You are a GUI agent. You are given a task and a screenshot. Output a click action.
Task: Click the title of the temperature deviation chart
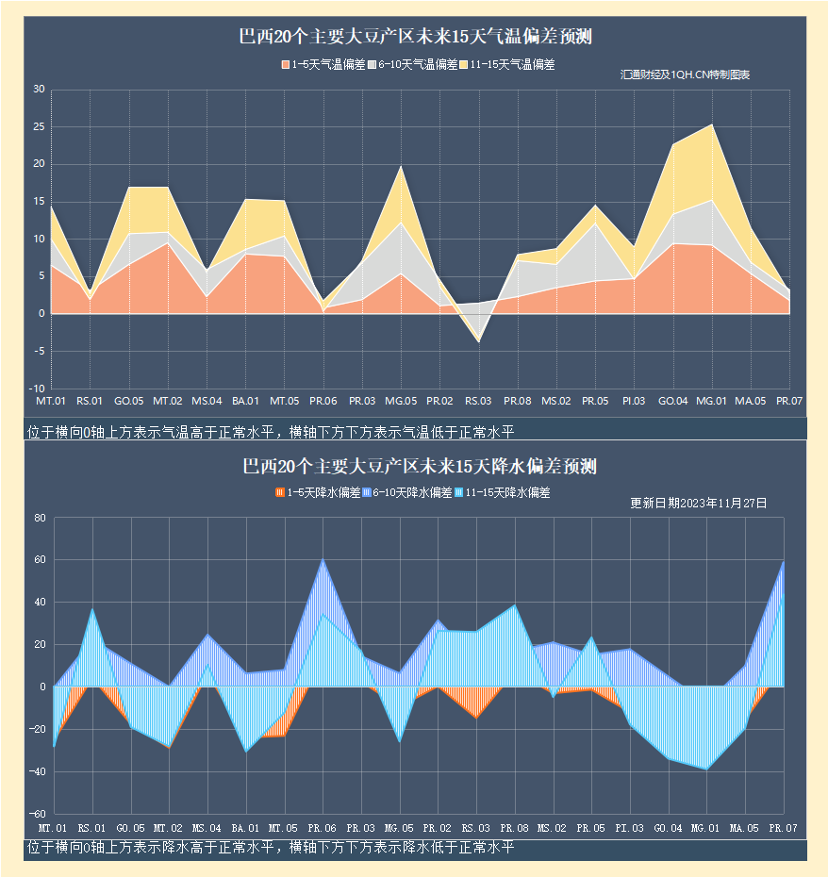415,38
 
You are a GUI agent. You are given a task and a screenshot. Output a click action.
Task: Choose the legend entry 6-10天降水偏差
413,493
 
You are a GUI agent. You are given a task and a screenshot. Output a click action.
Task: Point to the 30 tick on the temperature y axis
39,90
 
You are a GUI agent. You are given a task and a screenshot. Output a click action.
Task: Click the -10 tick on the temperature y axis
37,389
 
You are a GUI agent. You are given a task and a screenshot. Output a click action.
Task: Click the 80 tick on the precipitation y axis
40,518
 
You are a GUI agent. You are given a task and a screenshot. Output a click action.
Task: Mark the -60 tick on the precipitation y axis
37,814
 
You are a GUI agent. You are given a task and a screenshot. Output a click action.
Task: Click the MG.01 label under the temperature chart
711,402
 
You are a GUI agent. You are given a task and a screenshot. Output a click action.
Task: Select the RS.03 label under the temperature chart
478,402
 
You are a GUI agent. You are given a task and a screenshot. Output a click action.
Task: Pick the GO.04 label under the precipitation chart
668,828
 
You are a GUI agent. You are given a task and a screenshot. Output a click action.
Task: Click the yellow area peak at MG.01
712,124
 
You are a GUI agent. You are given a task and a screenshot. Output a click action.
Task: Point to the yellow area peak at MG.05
401,167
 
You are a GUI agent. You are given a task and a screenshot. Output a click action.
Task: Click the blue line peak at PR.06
323,559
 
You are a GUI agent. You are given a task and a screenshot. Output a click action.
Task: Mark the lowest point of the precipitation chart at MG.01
706,769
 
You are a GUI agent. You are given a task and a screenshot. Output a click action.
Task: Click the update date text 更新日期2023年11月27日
698,504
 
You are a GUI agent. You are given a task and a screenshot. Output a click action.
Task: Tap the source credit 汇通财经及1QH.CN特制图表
685,74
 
